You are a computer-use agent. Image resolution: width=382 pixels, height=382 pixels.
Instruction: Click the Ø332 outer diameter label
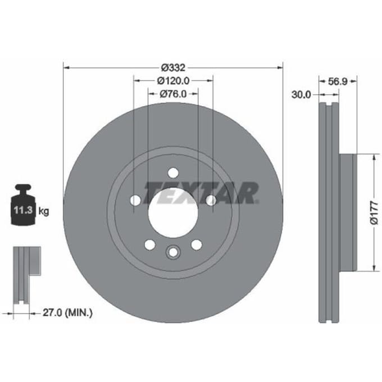[x=173, y=67]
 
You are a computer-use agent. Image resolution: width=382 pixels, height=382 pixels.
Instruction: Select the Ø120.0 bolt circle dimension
[x=173, y=81]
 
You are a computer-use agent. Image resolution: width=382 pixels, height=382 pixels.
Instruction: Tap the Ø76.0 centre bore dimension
[x=173, y=94]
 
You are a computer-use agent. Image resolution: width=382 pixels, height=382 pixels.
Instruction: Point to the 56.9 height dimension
[x=338, y=81]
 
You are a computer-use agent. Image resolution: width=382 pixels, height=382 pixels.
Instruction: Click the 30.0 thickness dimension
[x=301, y=94]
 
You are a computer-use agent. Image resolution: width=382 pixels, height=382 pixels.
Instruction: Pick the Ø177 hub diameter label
[x=374, y=212]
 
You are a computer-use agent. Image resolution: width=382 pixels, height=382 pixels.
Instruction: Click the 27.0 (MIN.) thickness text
[x=67, y=312]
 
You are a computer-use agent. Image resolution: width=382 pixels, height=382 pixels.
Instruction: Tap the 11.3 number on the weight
[x=23, y=210]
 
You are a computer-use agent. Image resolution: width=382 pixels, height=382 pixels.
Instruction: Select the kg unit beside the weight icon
[x=44, y=211]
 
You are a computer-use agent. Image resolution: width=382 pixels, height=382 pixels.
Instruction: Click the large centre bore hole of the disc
[x=173, y=212]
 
